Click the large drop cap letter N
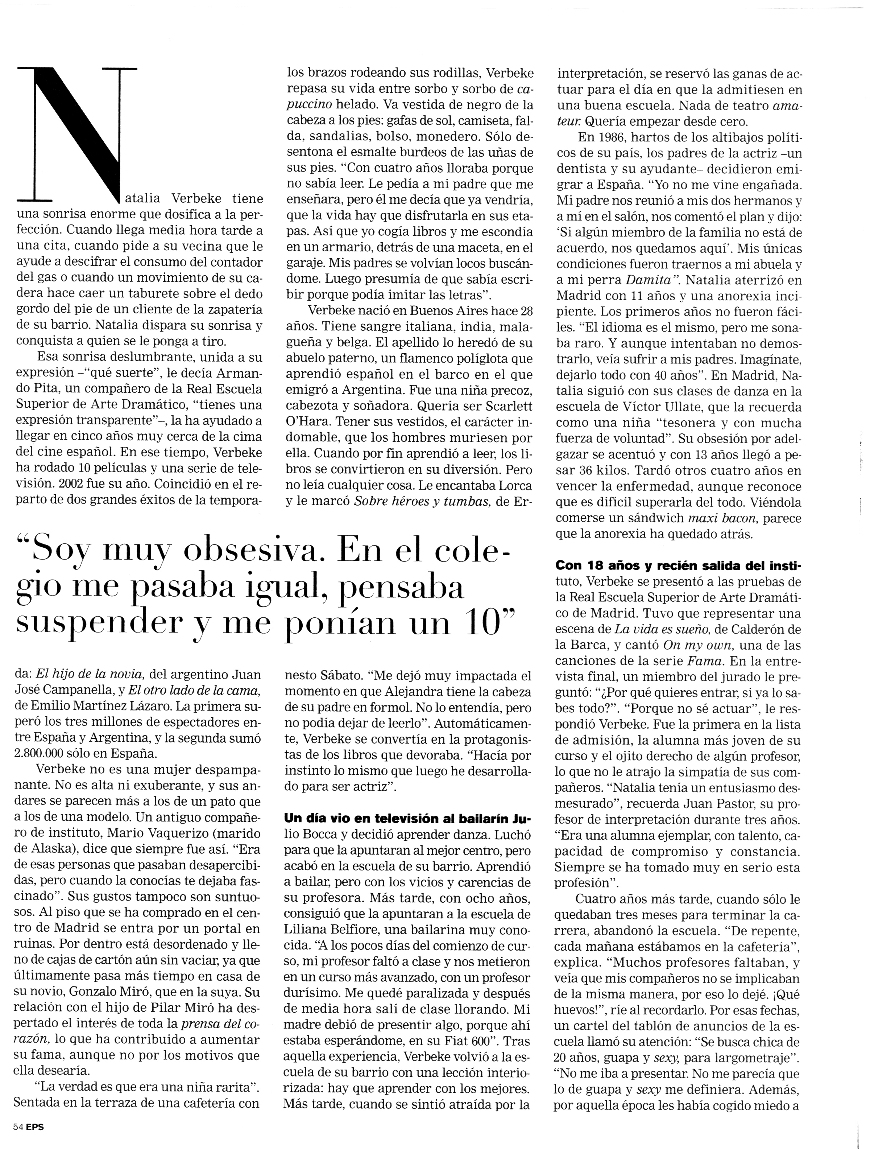click(x=78, y=135)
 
